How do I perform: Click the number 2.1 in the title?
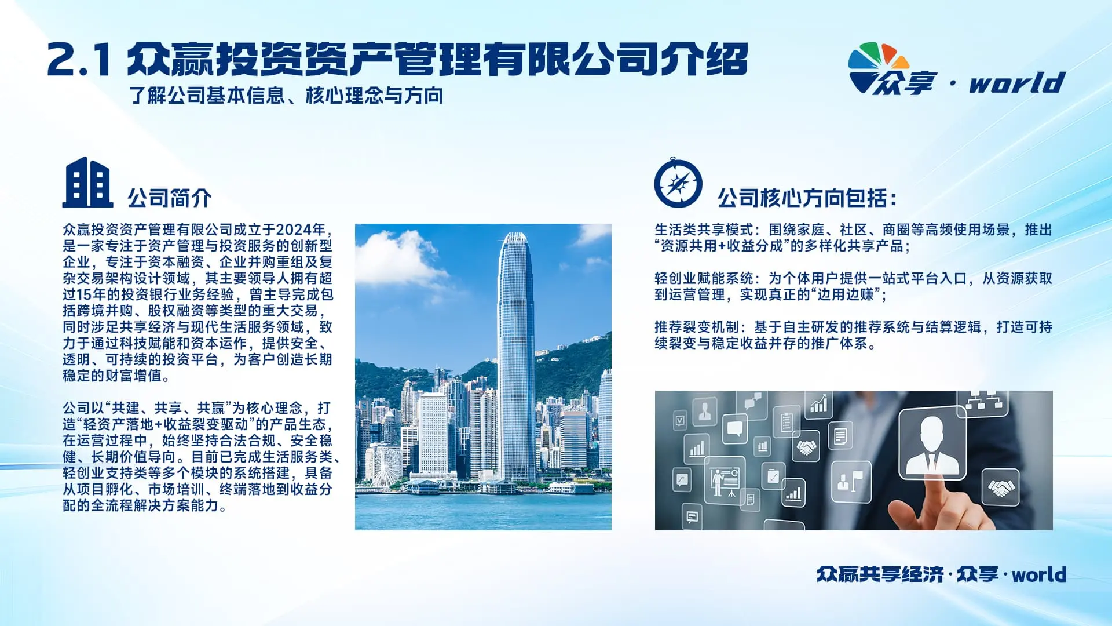[x=79, y=60]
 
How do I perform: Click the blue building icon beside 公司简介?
[x=87, y=183]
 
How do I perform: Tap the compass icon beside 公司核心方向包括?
[x=678, y=183]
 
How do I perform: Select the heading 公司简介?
[x=170, y=198]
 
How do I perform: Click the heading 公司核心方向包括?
[x=807, y=198]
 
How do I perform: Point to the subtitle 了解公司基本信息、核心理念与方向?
[x=286, y=95]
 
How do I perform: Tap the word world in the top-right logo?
[x=1018, y=82]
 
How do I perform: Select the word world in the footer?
[x=1039, y=574]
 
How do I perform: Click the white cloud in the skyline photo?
[x=397, y=255]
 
